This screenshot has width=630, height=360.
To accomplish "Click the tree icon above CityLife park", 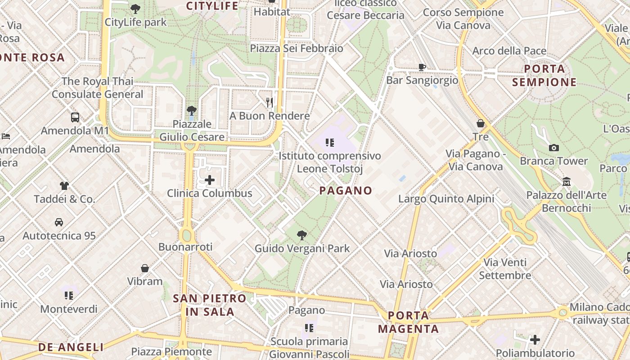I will point(135,8).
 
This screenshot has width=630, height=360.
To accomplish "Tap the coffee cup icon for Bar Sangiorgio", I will point(422,67).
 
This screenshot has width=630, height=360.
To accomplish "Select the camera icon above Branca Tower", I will point(554,148).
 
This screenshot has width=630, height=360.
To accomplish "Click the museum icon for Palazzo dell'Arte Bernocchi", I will point(567,182).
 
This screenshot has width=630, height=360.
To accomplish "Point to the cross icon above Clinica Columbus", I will point(210,180).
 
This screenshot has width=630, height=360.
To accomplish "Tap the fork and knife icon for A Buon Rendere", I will point(270,103).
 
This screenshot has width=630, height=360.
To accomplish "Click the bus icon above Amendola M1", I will point(75,117).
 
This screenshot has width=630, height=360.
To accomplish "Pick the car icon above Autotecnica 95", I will point(59,222).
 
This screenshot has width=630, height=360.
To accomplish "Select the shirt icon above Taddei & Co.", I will point(64,185).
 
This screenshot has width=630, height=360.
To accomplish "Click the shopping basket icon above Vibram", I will point(145,268).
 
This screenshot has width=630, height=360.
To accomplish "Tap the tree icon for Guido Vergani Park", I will point(302,235).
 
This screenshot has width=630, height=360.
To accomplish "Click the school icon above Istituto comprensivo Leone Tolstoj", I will point(330,143).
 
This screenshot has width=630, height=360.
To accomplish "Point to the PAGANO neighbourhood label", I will point(346,190).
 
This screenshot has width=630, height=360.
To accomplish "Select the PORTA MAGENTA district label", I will point(408,322).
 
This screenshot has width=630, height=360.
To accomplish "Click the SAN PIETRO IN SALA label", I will point(210,305).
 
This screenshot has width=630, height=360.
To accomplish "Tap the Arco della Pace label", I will point(509,51).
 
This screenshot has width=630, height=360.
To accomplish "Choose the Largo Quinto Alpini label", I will point(446,198).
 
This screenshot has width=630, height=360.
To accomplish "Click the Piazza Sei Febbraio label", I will point(297,48).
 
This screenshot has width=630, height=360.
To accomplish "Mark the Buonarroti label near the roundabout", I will point(185,247).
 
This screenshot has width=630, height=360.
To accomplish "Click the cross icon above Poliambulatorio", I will point(535,339).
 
